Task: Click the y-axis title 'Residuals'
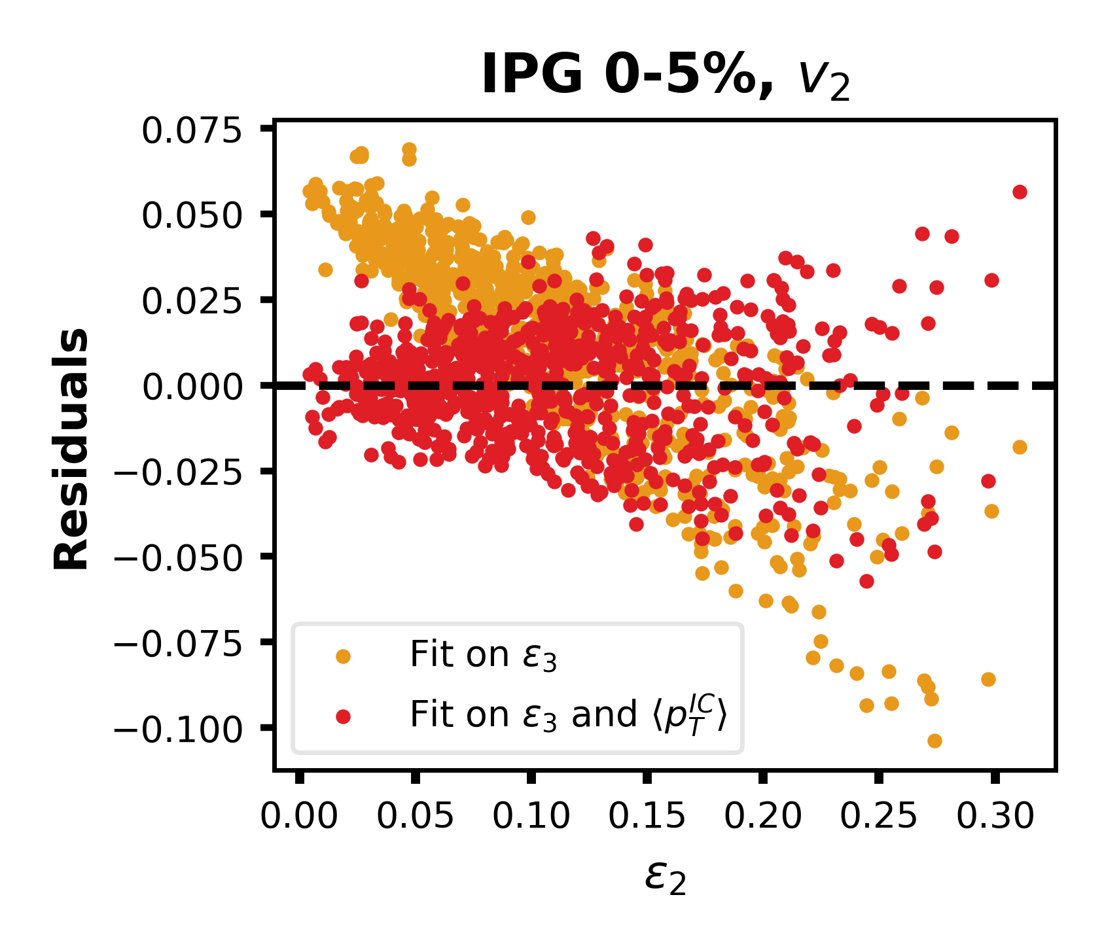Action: point(71,449)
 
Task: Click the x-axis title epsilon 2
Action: point(666,877)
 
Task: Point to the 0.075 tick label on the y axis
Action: point(192,131)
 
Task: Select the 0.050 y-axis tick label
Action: point(192,216)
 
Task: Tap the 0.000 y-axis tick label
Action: point(192,387)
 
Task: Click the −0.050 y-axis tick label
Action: point(178,557)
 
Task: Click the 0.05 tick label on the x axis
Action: point(415,817)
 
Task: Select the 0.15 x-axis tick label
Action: point(647,817)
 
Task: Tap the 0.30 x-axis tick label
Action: point(995,817)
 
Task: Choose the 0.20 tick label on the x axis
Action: point(762,817)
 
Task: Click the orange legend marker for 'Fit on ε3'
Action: point(342,656)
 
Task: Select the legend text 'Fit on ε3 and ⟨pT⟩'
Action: point(568,714)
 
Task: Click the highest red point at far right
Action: point(1020,192)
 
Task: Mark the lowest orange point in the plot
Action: point(935,741)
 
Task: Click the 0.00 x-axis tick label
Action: point(299,817)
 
